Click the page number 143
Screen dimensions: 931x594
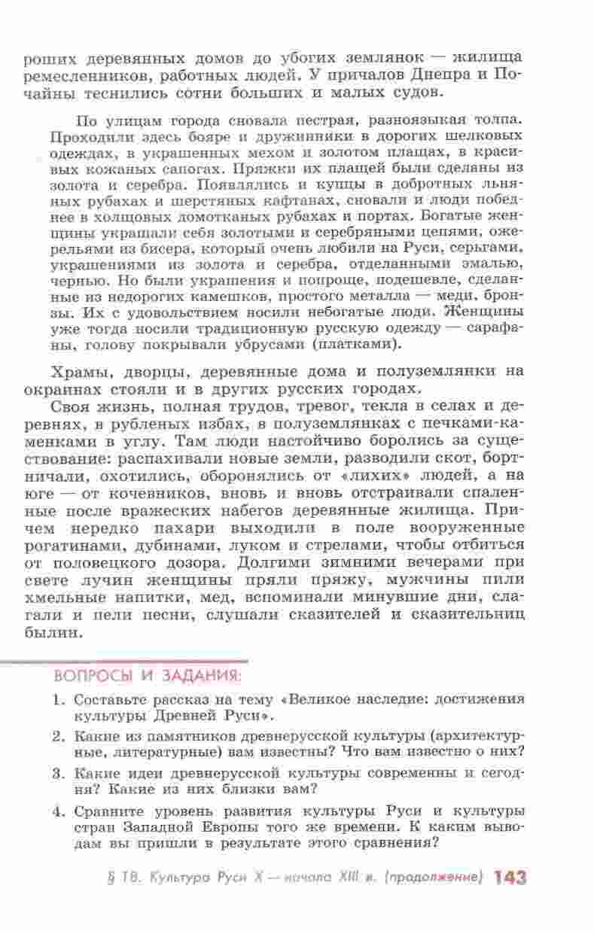[510, 878]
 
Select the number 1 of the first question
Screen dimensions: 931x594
[58, 698]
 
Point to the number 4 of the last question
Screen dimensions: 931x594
[58, 811]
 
